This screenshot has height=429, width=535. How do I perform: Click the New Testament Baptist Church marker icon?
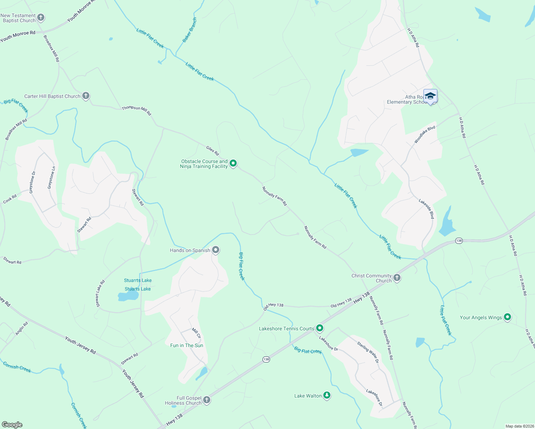click(x=41, y=17)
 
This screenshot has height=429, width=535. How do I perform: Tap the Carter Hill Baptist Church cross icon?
click(x=85, y=96)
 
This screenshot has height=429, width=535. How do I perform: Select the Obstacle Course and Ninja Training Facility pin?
click(x=233, y=163)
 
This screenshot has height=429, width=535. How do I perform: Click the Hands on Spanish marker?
click(x=216, y=250)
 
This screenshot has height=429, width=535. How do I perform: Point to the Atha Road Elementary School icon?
click(x=430, y=96)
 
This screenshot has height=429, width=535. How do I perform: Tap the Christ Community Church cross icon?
click(x=397, y=277)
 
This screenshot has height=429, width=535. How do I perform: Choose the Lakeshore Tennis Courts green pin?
click(x=320, y=328)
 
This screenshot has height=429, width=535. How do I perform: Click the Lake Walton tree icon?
click(x=327, y=395)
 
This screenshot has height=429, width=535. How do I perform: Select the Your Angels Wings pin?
click(x=507, y=317)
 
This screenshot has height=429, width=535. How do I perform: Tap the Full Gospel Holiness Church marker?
click(x=206, y=400)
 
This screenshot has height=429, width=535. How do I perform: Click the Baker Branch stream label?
click(x=190, y=30)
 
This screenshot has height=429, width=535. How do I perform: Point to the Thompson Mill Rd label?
click(x=137, y=110)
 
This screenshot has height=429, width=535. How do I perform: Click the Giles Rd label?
click(x=212, y=151)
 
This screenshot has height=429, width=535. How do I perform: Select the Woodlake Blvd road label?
click(x=424, y=135)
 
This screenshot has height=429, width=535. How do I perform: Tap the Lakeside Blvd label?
click(x=426, y=209)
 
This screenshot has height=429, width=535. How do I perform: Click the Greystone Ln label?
click(x=51, y=178)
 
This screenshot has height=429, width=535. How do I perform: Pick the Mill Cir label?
click(x=196, y=333)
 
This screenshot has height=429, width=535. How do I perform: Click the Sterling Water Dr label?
click(x=368, y=352)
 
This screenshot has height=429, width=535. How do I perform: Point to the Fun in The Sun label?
click(x=187, y=345)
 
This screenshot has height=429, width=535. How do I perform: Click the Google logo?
click(x=12, y=425)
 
